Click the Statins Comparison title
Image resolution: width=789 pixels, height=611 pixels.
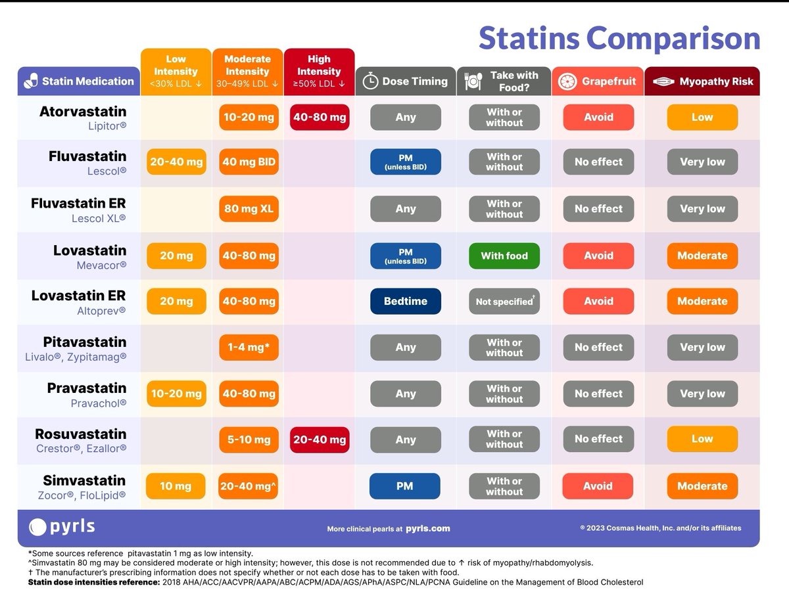point(619,38)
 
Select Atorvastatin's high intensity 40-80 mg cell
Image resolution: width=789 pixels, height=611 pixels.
point(319,118)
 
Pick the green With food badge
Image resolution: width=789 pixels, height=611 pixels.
point(504,256)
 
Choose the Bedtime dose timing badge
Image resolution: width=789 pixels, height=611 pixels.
point(405,301)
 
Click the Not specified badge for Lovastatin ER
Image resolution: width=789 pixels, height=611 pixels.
point(504,302)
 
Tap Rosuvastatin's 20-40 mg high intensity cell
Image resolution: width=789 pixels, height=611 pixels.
point(319,440)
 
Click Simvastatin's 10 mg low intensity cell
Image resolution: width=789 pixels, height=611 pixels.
point(176,486)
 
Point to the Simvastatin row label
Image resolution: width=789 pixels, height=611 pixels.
point(84,481)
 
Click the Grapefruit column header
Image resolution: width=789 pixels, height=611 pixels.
point(598,81)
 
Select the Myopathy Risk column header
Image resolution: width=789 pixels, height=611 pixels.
point(702,81)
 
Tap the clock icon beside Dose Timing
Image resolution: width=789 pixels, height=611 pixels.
point(371,81)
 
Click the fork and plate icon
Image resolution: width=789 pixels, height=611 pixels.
point(473,81)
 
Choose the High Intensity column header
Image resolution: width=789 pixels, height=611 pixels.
point(319,71)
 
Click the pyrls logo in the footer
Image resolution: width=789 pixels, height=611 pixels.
point(62,527)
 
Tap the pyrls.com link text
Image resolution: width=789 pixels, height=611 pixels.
point(427,528)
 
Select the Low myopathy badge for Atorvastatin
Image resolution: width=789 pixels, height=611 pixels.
point(702,118)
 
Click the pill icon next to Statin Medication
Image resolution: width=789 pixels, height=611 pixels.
point(31,81)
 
